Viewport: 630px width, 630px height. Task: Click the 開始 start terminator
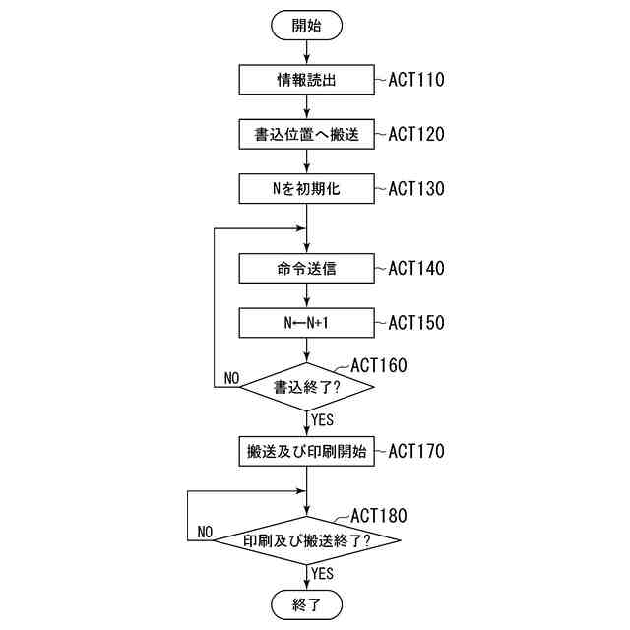point(307,25)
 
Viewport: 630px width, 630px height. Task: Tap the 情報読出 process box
point(307,80)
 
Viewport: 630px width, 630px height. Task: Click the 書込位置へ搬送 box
point(307,134)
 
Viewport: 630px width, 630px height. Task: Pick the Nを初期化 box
point(307,188)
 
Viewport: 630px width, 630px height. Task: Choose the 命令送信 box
point(307,268)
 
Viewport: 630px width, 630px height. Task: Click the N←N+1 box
point(307,322)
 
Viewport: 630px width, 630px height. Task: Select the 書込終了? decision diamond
point(307,387)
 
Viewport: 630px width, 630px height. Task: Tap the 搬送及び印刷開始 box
point(307,452)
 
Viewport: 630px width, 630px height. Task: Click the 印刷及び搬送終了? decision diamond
point(307,540)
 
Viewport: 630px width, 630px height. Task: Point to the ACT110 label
point(416,80)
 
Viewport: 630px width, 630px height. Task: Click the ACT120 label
point(416,134)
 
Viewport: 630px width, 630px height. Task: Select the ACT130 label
point(416,188)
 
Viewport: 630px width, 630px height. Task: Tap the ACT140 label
point(416,268)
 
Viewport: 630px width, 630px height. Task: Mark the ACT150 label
point(416,322)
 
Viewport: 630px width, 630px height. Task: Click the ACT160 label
point(379,365)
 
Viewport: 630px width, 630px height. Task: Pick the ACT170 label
point(416,452)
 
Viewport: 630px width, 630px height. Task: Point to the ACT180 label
point(379,515)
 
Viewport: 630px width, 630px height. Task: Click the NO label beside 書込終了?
point(231,378)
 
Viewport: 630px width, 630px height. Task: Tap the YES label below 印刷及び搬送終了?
point(323,572)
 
